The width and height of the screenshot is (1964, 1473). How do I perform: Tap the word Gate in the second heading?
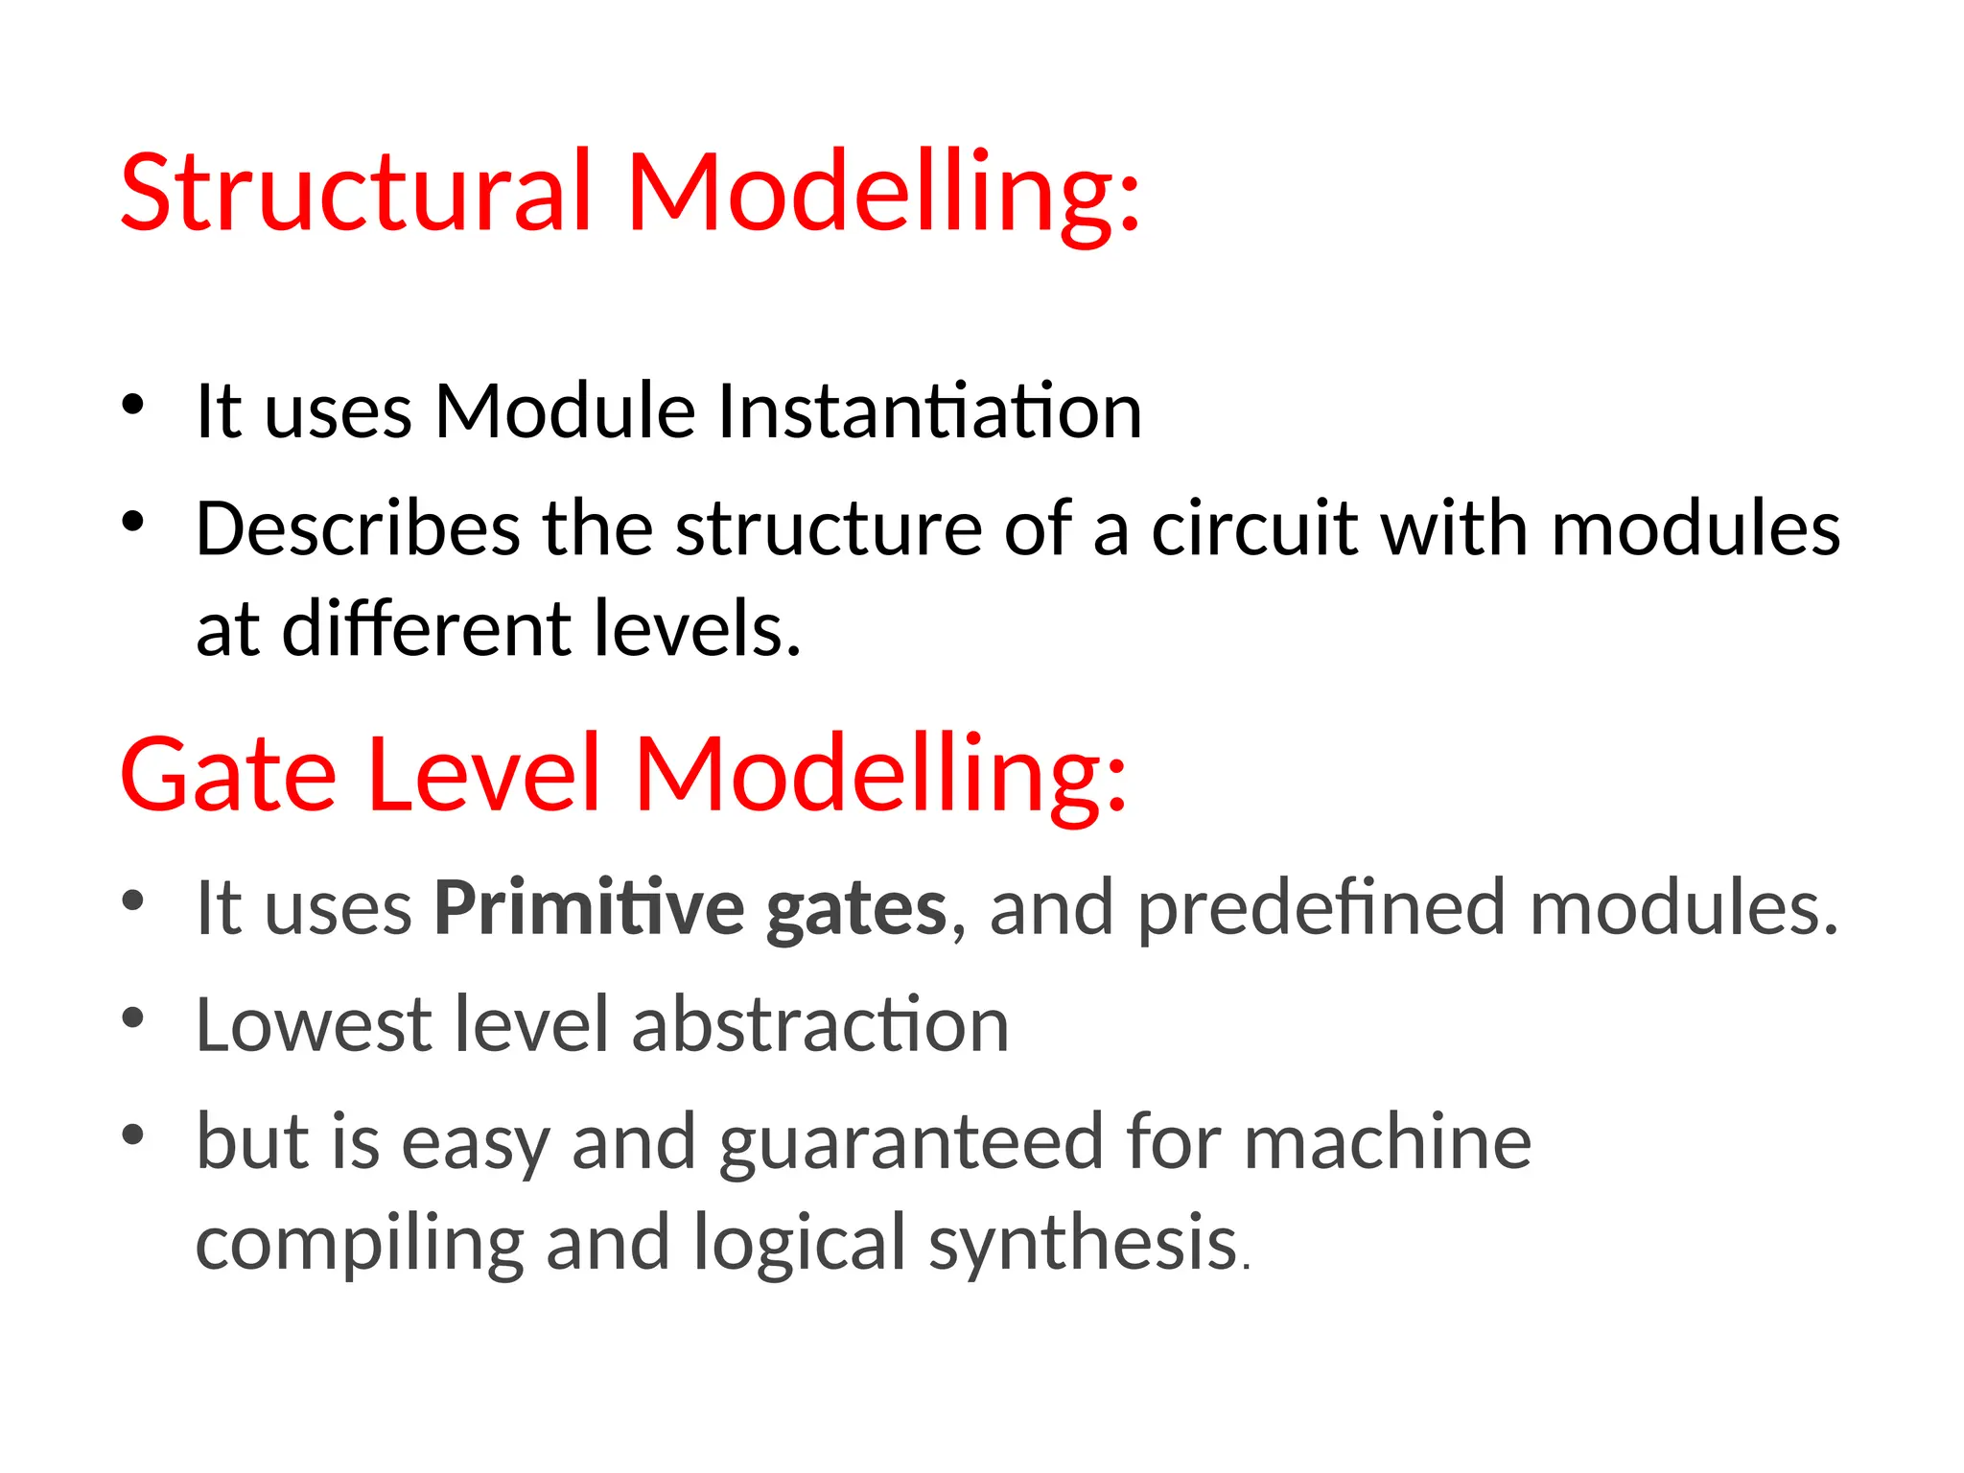click(x=228, y=775)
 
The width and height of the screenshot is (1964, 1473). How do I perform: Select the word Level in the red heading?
click(x=484, y=775)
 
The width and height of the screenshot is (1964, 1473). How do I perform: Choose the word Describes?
click(x=358, y=529)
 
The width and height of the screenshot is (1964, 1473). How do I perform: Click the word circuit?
click(x=1253, y=529)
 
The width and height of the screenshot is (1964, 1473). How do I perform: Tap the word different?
click(x=427, y=629)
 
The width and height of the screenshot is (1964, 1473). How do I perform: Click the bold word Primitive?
click(x=589, y=908)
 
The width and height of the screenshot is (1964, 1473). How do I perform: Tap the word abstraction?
click(x=820, y=1025)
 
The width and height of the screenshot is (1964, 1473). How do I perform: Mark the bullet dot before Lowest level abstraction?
click(x=133, y=1018)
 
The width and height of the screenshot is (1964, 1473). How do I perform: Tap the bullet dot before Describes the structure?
click(x=133, y=523)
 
